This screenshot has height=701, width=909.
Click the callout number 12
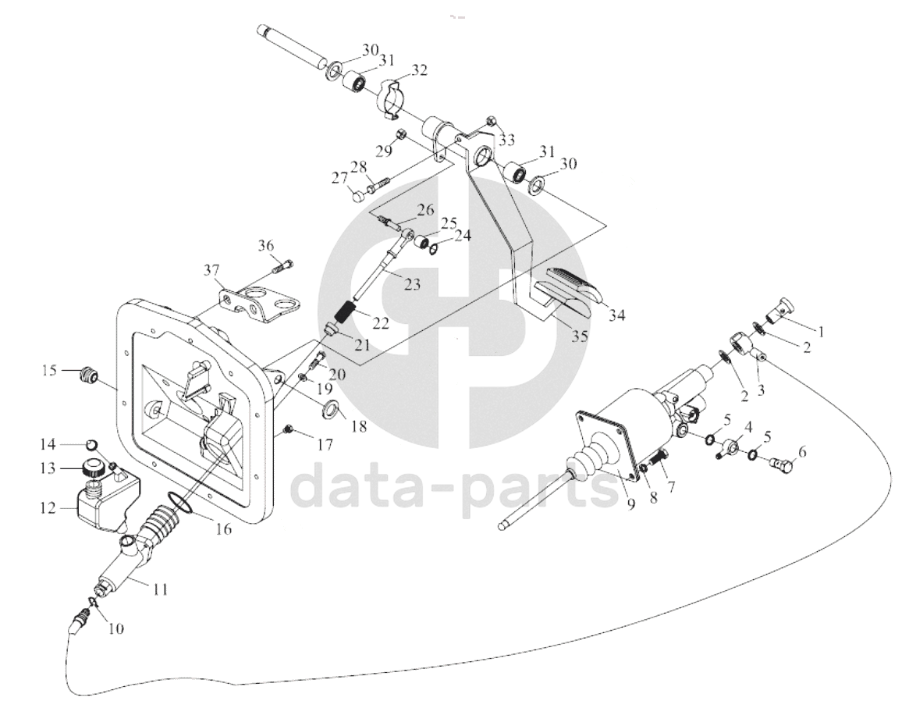pos(48,508)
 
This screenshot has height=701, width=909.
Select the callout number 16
pos(224,528)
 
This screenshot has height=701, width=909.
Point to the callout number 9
pos(631,504)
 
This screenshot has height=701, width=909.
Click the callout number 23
pos(412,285)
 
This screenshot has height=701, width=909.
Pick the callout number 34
pos(617,316)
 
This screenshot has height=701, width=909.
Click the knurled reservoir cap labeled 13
pos(92,468)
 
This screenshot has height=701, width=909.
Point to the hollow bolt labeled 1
pos(781,310)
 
